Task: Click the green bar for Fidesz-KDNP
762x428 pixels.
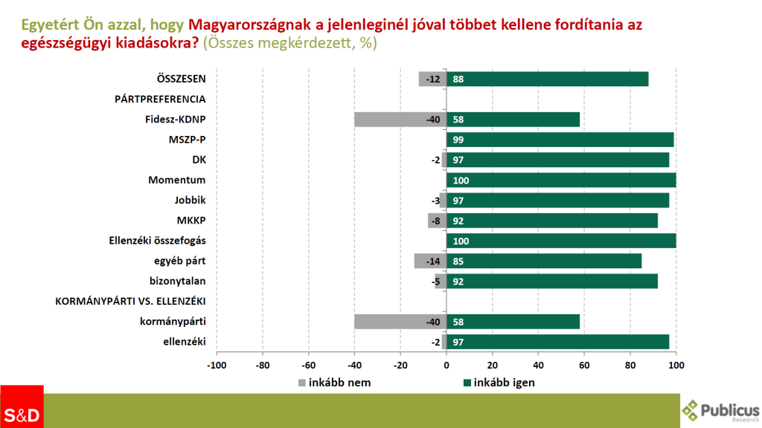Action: [513, 120]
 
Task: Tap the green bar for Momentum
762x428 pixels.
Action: [561, 180]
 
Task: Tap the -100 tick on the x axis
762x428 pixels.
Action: [217, 365]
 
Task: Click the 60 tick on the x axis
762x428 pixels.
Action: [584, 365]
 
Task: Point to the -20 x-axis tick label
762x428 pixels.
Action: [400, 365]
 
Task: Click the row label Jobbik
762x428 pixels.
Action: [190, 200]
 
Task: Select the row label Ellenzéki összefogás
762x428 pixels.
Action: [157, 241]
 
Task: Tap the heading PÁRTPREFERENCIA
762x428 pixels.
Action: [159, 99]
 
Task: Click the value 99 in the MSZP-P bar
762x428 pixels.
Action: [458, 140]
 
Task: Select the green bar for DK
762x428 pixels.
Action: [557, 160]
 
